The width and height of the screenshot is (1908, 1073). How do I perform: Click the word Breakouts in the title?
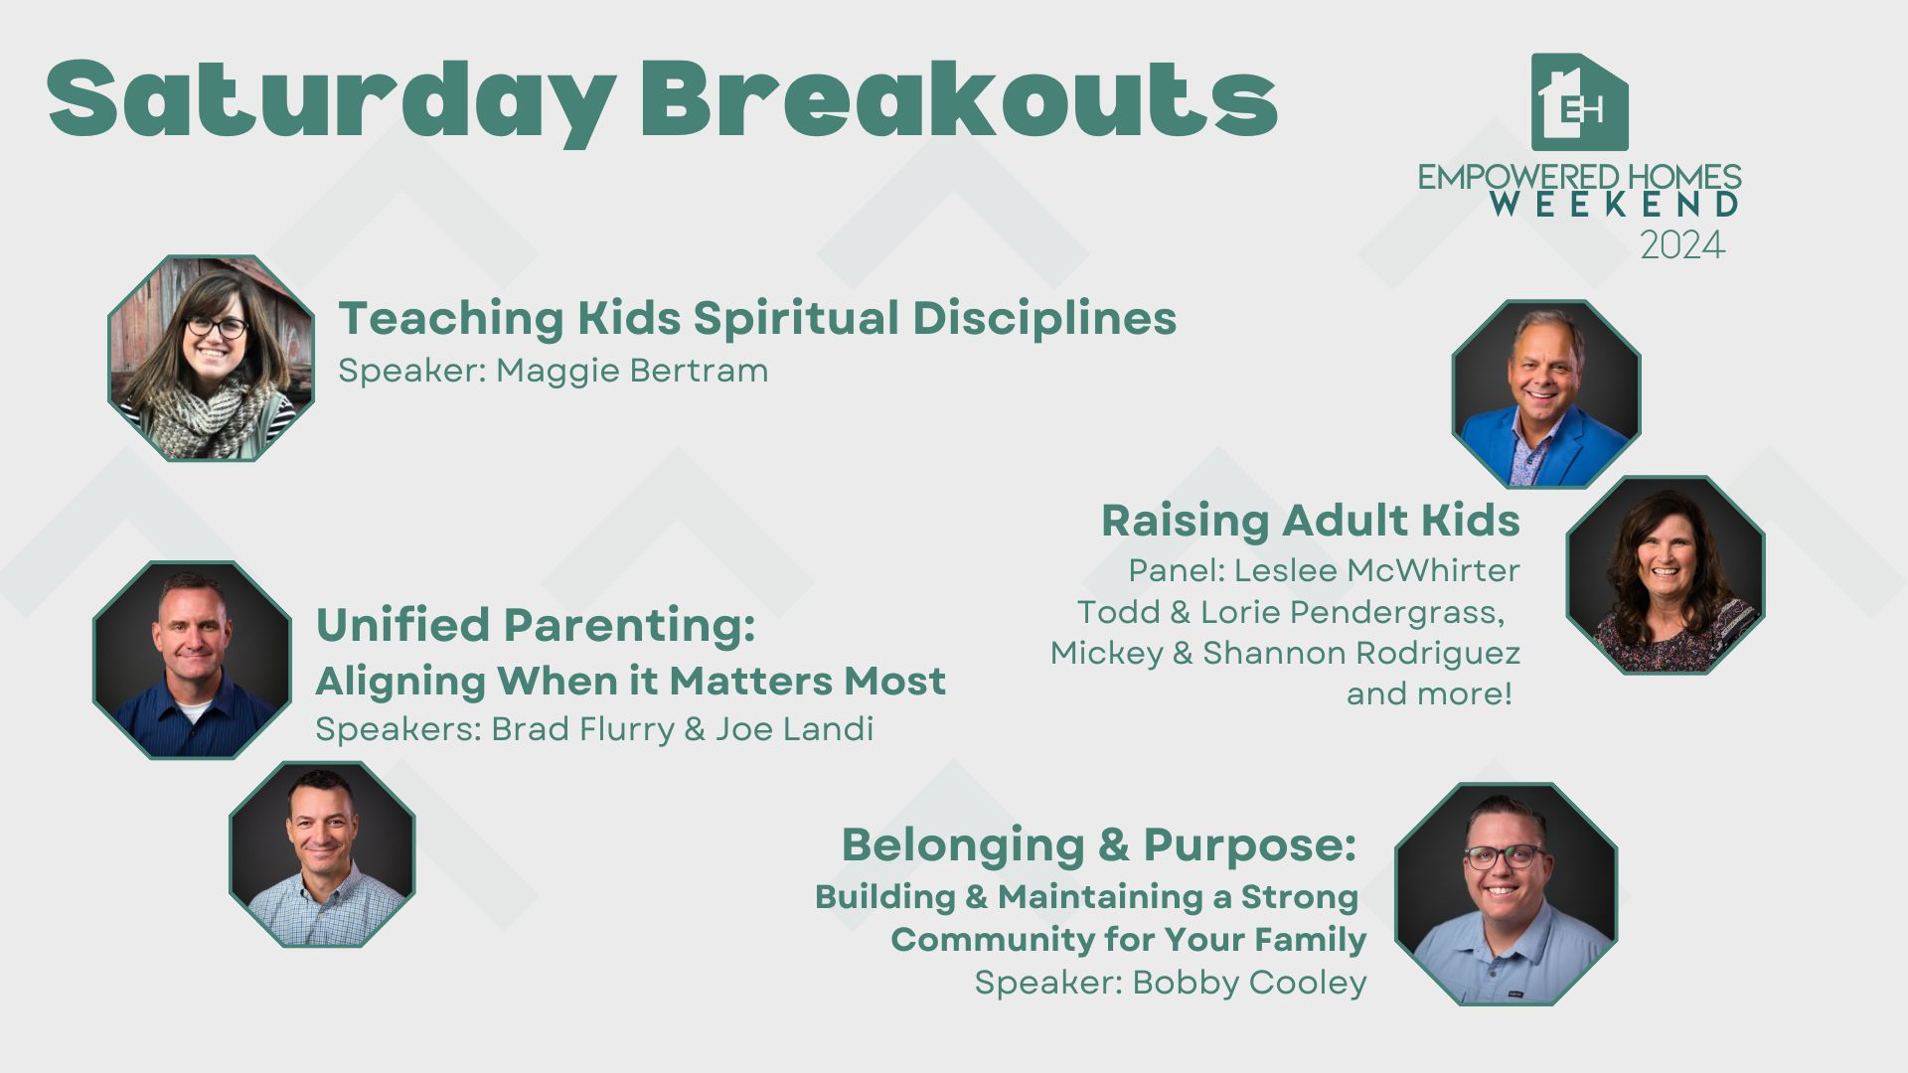click(958, 97)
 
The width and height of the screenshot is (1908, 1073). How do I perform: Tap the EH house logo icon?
click(1579, 101)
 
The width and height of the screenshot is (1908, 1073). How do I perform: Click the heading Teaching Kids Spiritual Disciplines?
click(757, 318)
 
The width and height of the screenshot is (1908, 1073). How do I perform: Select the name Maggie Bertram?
click(632, 371)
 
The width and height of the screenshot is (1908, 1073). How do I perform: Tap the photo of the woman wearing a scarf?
click(211, 359)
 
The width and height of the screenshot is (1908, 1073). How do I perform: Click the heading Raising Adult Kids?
click(1310, 520)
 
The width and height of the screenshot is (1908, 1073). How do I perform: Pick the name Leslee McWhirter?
click(1377, 570)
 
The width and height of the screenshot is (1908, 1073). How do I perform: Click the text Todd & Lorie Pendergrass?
click(1291, 612)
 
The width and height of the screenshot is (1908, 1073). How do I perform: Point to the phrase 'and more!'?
click(1429, 693)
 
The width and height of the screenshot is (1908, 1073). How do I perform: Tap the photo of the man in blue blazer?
click(1545, 393)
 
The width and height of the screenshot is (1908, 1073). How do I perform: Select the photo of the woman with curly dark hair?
click(1665, 575)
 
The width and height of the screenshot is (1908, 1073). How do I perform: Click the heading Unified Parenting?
click(536, 625)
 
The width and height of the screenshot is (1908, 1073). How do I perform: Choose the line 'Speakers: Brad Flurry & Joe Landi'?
click(594, 728)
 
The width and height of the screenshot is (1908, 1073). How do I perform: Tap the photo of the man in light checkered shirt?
click(322, 854)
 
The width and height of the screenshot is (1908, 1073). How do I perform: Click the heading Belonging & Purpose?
click(1099, 844)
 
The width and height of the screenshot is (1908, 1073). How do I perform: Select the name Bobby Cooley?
click(1249, 982)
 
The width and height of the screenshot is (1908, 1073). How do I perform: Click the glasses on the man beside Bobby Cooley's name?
click(1505, 855)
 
